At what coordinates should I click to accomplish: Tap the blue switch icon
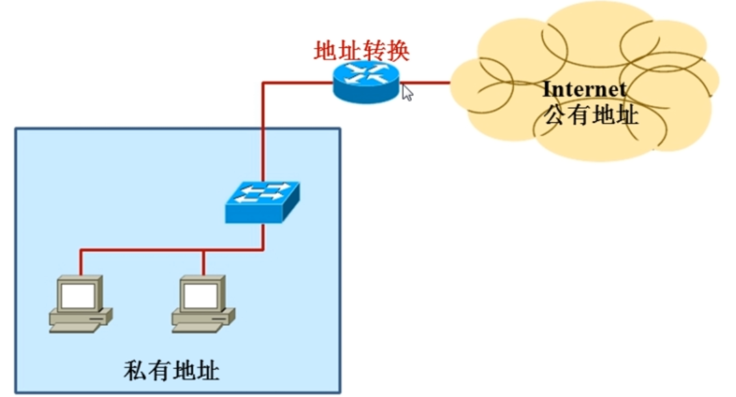pos(262,201)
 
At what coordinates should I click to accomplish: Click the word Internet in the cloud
pos(584,89)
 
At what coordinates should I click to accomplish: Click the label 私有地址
pos(171,372)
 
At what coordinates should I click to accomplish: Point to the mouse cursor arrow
pos(407,92)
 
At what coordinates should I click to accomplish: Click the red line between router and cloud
pos(425,83)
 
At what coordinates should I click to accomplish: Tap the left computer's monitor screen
pos(77,296)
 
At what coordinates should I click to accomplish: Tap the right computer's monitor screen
pos(200,296)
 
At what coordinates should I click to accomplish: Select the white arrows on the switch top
pos(262,192)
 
